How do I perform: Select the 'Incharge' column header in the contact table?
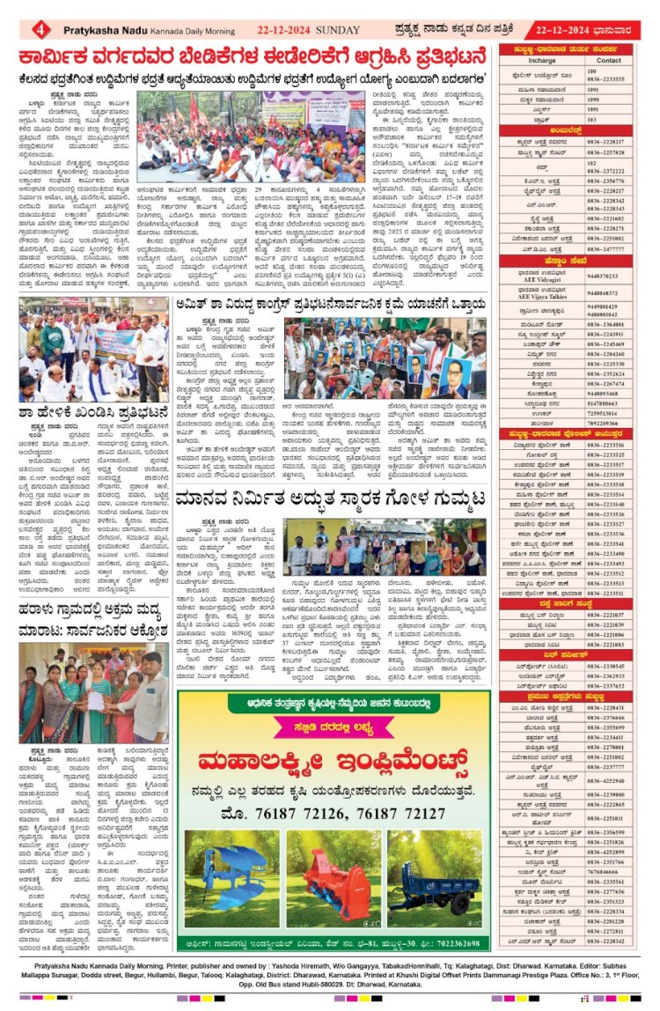pyautogui.click(x=542, y=61)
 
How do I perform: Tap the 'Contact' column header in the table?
pyautogui.click(x=609, y=61)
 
